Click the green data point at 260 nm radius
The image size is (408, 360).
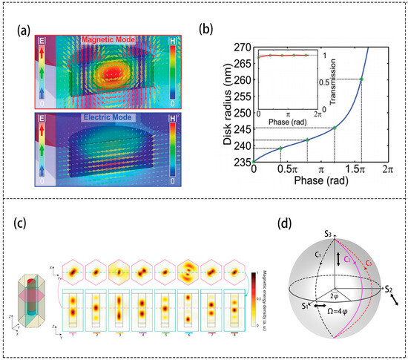[x=361, y=79]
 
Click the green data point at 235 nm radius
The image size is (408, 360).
[x=254, y=161]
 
